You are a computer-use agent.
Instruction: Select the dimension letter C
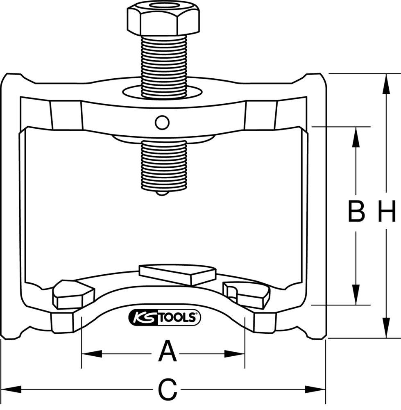(168, 389)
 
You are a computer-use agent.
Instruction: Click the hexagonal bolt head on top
(164, 18)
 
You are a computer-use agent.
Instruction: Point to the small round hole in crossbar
(162, 121)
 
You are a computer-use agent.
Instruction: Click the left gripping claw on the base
(72, 294)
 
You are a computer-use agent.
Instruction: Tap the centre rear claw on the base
(177, 273)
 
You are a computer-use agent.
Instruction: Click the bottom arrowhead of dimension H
(386, 330)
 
